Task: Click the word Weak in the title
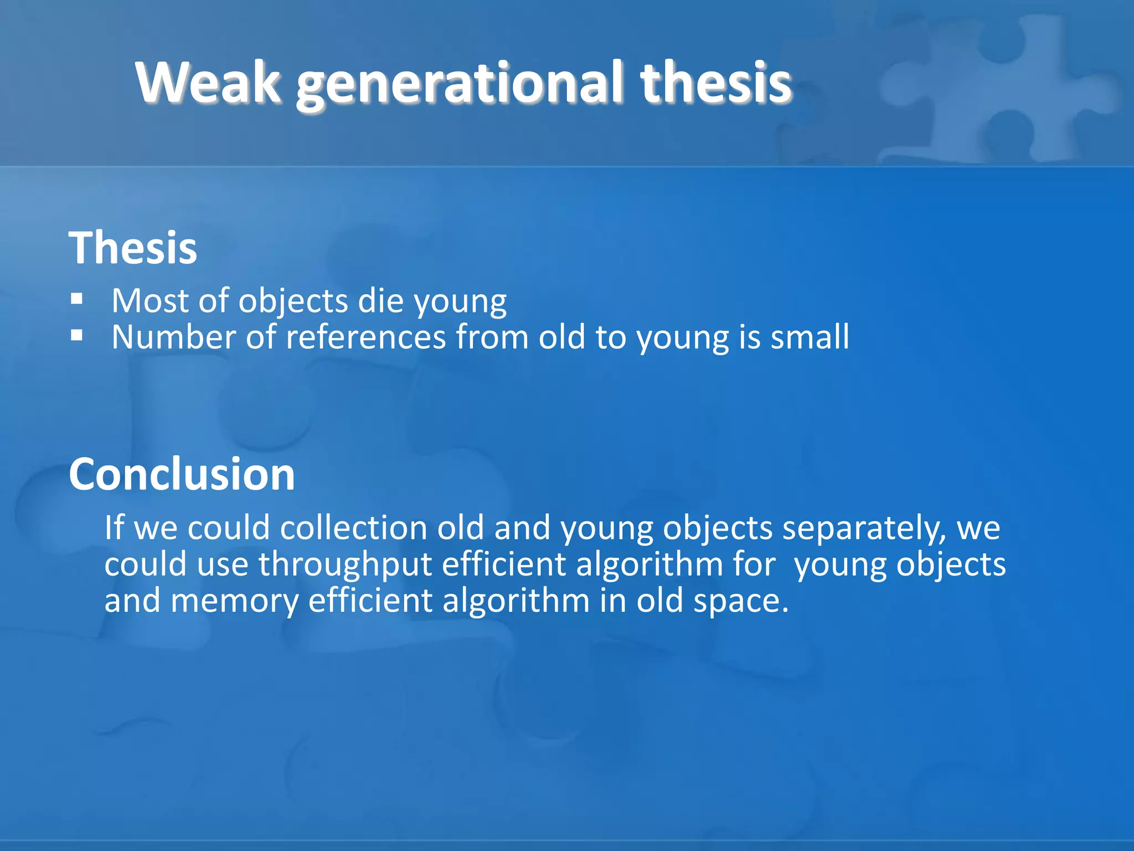(x=208, y=83)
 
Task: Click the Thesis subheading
(x=133, y=248)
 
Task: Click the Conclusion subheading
(x=182, y=474)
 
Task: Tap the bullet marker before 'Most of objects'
(x=77, y=300)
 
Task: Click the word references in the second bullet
(x=365, y=337)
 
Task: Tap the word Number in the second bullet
(x=173, y=337)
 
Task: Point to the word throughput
(x=345, y=565)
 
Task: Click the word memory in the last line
(x=234, y=601)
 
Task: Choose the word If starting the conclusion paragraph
(x=114, y=527)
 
